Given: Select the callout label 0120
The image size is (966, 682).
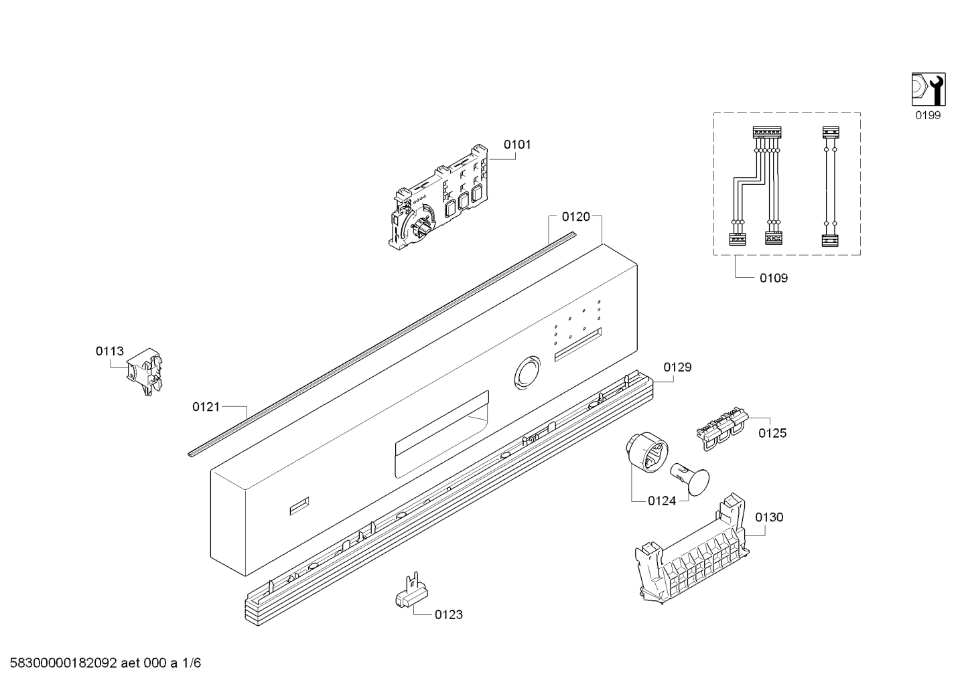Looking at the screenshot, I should [575, 216].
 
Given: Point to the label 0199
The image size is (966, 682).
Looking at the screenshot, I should [928, 115].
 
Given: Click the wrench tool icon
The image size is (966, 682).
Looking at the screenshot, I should [928, 89].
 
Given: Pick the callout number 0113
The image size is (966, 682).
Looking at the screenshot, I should [109, 351].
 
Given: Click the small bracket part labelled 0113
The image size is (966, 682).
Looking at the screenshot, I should [146, 372].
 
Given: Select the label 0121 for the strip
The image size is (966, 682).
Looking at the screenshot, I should [206, 406].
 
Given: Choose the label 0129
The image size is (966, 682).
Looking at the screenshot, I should [677, 367].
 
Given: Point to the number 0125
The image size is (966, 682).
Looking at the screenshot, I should [772, 433].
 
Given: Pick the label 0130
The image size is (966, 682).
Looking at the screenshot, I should [768, 517].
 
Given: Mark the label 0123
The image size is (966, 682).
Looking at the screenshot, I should [448, 614].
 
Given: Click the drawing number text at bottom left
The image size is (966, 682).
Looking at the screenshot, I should [101, 663].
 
